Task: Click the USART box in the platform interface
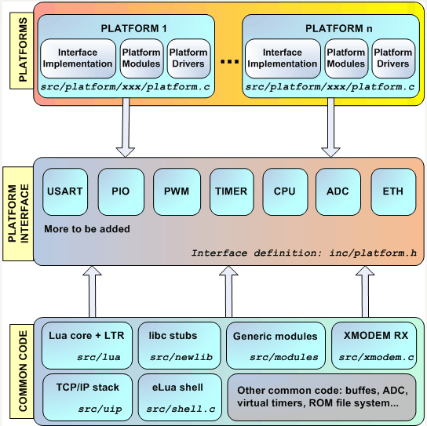[65, 191]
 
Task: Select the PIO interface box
[121, 191]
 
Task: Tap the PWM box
[177, 191]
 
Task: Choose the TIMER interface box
[232, 191]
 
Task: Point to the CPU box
[285, 191]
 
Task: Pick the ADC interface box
[338, 191]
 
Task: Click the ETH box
[393, 191]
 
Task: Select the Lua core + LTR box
[87, 345]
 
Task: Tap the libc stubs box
[180, 345]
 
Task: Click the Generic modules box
[276, 345]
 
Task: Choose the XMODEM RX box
[374, 345]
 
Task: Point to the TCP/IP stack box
[87, 397]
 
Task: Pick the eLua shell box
[180, 397]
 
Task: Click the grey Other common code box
[322, 397]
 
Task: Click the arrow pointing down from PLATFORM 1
[126, 127]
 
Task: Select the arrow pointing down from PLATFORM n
[330, 127]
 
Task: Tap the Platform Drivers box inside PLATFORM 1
[188, 58]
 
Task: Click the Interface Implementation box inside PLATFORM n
[283, 58]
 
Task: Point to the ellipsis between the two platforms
[229, 62]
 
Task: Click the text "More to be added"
[87, 229]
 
